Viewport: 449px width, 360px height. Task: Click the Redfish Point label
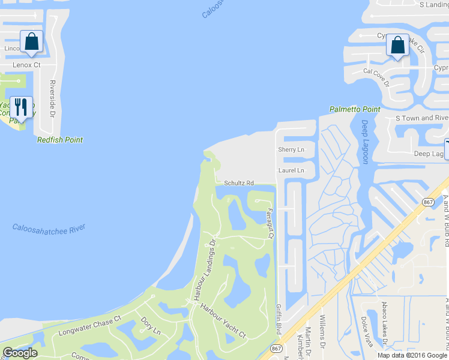pos(60,140)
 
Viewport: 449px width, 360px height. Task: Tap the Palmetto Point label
pos(355,109)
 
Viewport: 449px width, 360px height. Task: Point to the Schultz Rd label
pos(239,183)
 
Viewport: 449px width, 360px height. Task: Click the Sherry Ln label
pos(291,149)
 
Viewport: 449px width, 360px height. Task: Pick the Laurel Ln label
pos(291,171)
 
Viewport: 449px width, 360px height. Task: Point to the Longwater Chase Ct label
pos(89,326)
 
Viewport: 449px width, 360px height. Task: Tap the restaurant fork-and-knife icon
pos(22,107)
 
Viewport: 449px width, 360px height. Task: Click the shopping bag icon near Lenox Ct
pos(31,42)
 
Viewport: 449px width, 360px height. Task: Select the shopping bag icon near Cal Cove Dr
pos(397,45)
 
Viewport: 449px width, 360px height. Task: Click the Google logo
pos(20,353)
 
